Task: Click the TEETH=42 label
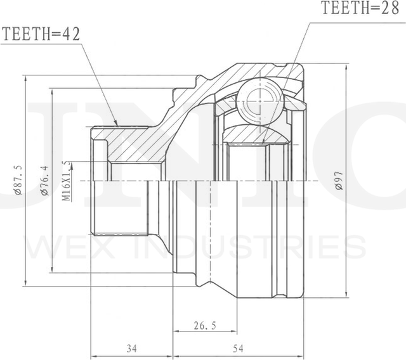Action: (x=41, y=35)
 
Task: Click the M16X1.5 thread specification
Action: (x=66, y=181)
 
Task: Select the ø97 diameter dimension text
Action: (x=341, y=181)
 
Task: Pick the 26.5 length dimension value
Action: (x=204, y=326)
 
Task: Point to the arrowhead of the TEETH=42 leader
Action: (x=115, y=123)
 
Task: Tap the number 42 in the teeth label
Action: (x=71, y=35)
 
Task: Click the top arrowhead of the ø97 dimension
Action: (x=346, y=66)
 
